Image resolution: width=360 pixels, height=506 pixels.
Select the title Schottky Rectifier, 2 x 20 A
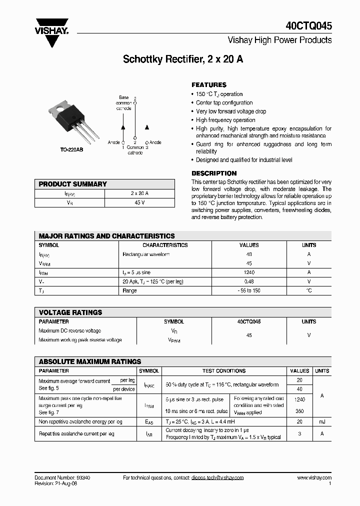183,59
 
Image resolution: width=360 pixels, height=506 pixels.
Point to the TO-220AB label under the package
71,150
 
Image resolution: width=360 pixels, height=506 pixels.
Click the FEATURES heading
209,85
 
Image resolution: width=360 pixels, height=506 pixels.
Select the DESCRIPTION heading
214,173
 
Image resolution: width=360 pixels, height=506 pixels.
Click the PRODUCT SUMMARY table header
73,184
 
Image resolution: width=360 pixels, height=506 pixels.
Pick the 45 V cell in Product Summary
139,202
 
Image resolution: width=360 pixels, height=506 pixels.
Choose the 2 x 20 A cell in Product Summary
139,193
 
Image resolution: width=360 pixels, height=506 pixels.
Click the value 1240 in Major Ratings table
249,272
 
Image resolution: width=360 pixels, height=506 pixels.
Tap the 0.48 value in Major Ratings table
249,281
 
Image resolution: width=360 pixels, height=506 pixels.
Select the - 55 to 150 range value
249,290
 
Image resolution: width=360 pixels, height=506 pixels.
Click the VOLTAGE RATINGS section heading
70,312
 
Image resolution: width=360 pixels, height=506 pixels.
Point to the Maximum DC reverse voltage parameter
70,331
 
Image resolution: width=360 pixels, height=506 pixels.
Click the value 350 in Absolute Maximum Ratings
299,411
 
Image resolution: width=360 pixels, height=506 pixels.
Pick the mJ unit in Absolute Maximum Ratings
322,422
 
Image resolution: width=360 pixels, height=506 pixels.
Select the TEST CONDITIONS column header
223,371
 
